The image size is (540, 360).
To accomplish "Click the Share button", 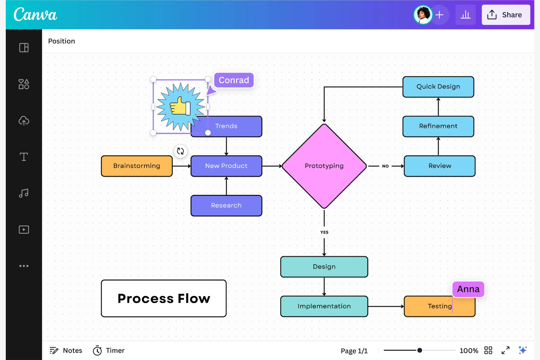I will coord(505,15).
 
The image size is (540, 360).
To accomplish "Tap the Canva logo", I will coord(35,15).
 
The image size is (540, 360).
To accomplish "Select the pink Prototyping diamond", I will coord(324,166).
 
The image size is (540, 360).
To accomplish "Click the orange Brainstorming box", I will coord(136,166).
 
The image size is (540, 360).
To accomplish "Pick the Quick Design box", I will coord(438,87).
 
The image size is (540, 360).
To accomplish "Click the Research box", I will coord(226,206).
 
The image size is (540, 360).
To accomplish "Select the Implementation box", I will coord(324,306).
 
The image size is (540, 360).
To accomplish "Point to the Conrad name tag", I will coord(234,80).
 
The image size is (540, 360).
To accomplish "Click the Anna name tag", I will coord(468,289).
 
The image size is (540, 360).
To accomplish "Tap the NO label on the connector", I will coord(385,166).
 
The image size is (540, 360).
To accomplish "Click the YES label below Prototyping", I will coord(324,232).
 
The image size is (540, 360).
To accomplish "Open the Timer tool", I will coord(109,351).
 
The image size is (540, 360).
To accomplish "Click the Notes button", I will coord(66,351).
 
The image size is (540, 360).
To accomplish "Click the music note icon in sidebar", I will coord(24,193).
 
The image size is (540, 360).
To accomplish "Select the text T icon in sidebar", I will coord(24,157).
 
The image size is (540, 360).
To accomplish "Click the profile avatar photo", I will coord(423,15).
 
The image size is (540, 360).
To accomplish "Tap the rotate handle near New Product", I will coord(180,151).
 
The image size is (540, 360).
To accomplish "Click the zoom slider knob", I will coord(420,350).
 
